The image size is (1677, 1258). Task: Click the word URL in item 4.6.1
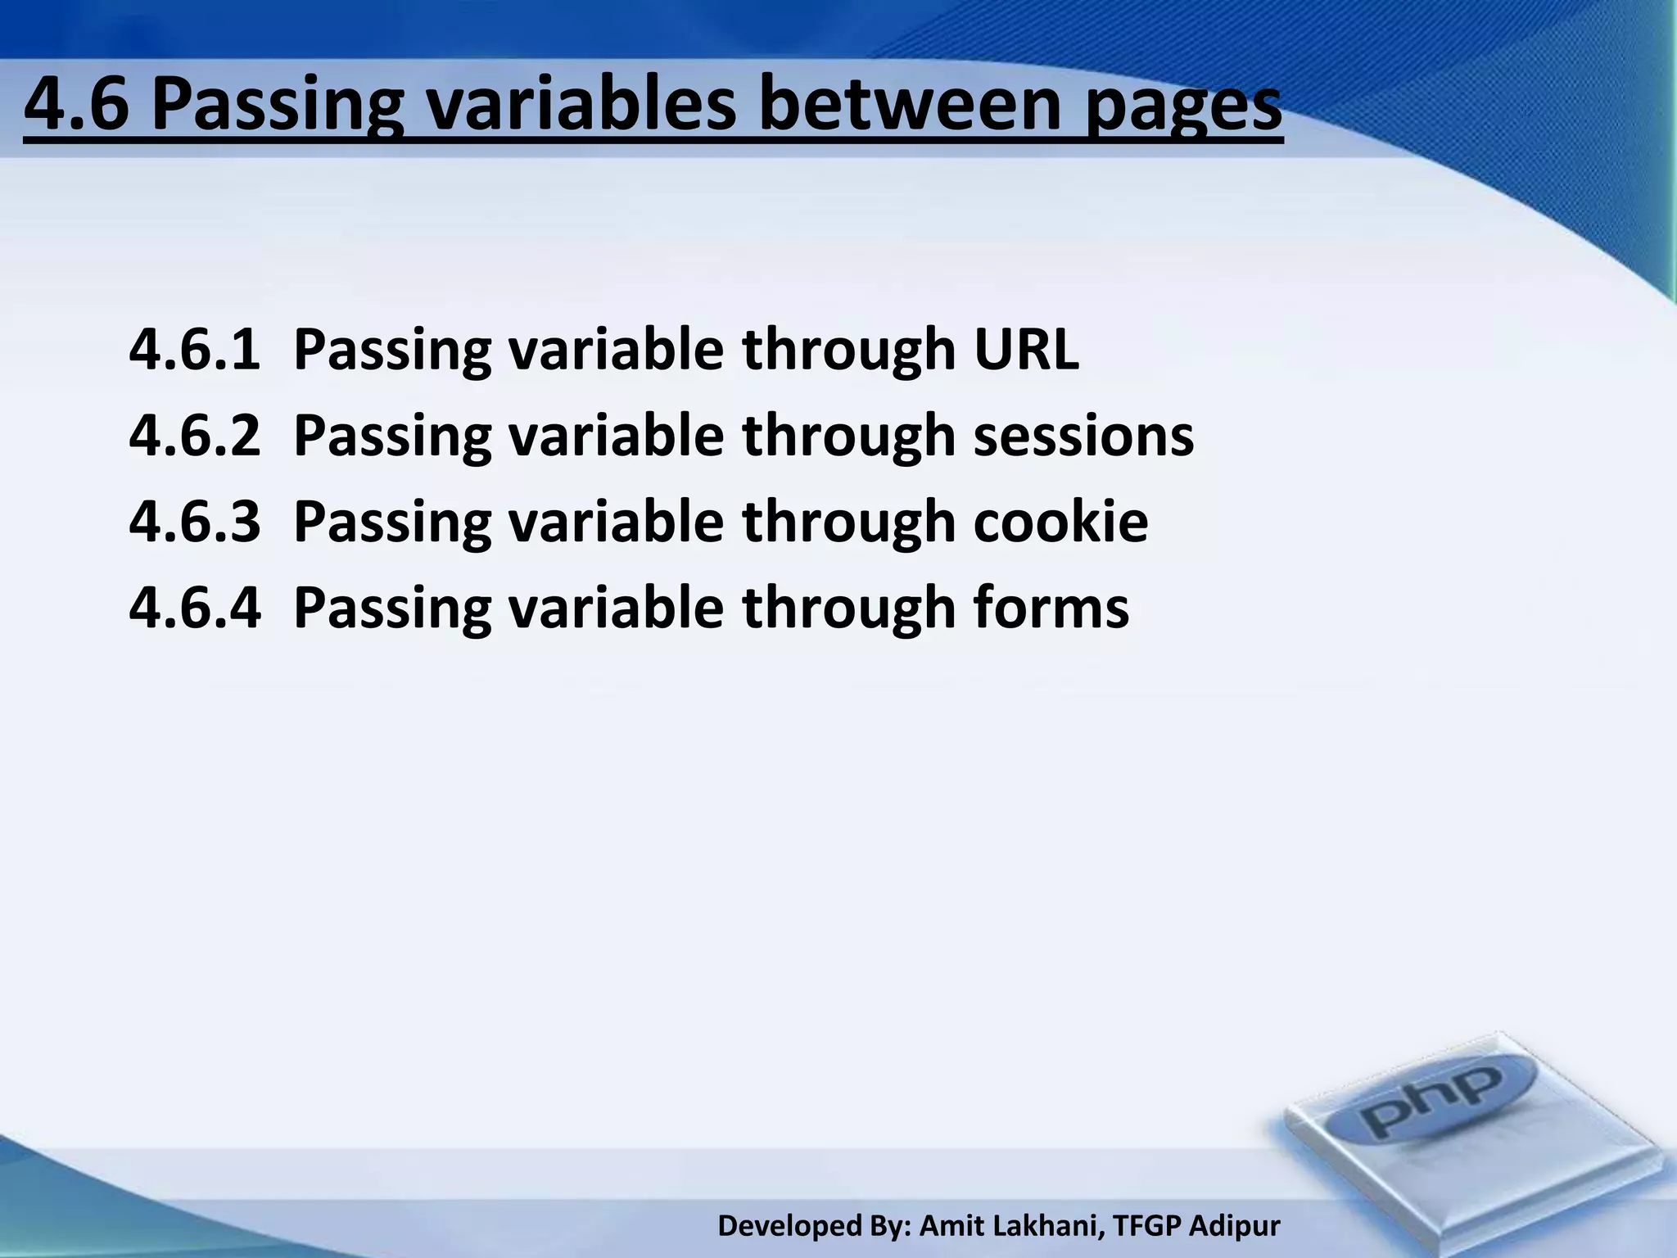point(1026,350)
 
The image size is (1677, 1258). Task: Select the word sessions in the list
point(1083,436)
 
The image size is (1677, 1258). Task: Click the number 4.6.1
point(195,350)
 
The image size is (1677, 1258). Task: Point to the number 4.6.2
point(195,436)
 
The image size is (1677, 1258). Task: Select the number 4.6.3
point(195,523)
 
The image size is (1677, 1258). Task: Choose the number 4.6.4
point(195,608)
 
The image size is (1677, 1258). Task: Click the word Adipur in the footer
point(1234,1225)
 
